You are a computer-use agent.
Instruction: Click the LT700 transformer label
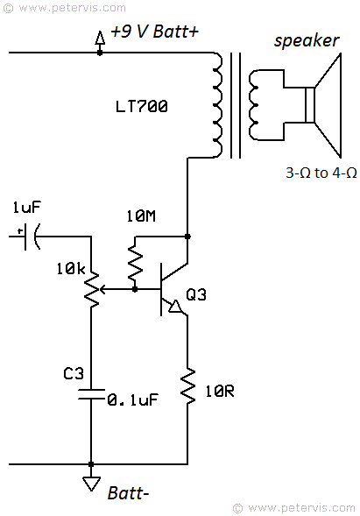pos(142,107)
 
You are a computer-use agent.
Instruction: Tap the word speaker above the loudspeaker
pos(307,41)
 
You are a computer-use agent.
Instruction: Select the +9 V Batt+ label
pos(155,32)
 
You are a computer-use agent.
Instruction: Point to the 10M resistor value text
pos(141,216)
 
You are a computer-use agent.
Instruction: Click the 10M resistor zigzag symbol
pos(135,264)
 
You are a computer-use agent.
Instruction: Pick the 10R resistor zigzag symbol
pos(187,385)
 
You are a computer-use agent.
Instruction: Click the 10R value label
pos(220,392)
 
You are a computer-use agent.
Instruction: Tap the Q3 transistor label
pos(196,294)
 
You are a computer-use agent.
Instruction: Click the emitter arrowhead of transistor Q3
pos(174,307)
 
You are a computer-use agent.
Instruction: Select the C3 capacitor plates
pos(91,394)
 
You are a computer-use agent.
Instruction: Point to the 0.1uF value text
pos(132,399)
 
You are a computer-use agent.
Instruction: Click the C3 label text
pos(74,373)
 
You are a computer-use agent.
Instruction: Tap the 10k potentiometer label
pos(70,269)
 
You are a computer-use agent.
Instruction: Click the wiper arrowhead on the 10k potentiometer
pos(102,290)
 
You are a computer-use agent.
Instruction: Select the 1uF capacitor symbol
pos(29,237)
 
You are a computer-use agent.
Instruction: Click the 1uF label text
pos(26,208)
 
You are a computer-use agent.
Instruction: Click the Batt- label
pos(129,493)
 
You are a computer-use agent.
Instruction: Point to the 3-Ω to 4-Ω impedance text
pos(321,173)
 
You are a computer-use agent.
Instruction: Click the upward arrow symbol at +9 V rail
pos(100,39)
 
